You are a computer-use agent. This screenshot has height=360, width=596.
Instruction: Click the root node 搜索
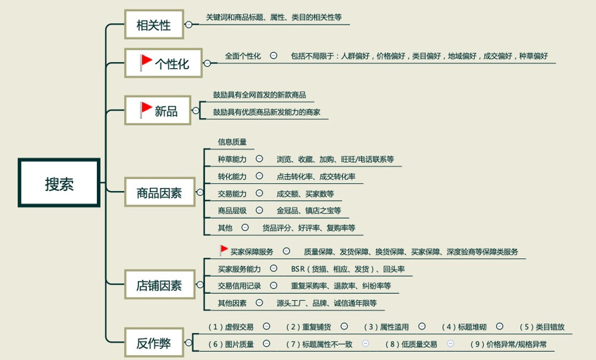pos(59,183)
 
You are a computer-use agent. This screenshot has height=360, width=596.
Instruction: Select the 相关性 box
pos(154,25)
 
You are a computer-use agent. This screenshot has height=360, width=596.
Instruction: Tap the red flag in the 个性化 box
pos(145,62)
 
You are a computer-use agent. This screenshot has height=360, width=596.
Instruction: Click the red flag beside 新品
pos(145,110)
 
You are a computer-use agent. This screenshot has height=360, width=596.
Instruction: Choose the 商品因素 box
pos(160,192)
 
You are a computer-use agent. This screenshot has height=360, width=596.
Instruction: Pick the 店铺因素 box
pos(160,285)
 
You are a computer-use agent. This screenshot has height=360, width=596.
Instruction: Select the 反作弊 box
pos(154,342)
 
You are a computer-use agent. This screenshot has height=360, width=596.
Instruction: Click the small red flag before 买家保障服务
pos(223,251)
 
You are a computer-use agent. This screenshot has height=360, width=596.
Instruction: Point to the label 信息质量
pos(232,142)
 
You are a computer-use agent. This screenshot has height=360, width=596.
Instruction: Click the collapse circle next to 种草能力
pos(259,158)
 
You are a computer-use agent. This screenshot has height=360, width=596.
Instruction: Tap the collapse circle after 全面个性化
pos(273,56)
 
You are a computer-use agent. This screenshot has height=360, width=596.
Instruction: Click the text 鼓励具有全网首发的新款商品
pos(260,95)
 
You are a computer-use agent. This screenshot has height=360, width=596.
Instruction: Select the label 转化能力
pos(232,176)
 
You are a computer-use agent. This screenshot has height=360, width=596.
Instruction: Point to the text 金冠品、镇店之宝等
pos(309,210)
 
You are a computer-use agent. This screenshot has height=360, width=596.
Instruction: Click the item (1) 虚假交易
pos(231,327)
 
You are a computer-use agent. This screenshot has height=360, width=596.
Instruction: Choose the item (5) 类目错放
pos(542,327)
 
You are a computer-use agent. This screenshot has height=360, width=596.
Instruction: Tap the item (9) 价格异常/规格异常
pos(508,345)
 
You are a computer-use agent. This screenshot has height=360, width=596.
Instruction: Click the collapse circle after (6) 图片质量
pos(267,343)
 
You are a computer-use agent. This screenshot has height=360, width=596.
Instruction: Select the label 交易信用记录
pos(239,286)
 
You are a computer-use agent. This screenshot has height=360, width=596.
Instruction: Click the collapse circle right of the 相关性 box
pos(189,25)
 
